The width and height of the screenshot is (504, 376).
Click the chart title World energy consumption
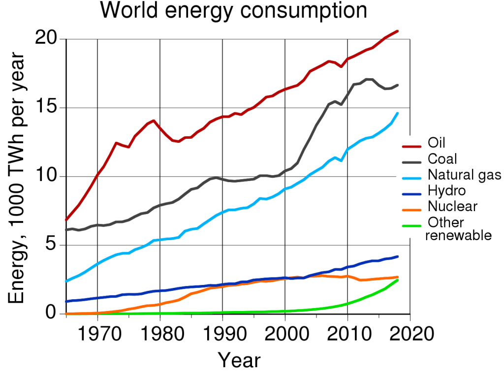tap(233, 11)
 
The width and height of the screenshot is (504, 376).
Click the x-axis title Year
tap(239, 360)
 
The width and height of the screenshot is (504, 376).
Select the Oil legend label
tap(437, 143)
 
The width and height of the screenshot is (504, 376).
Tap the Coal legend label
tap(442, 159)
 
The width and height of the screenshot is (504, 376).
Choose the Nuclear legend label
tap(452, 206)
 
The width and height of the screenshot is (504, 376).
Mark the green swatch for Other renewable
tap(413, 226)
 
